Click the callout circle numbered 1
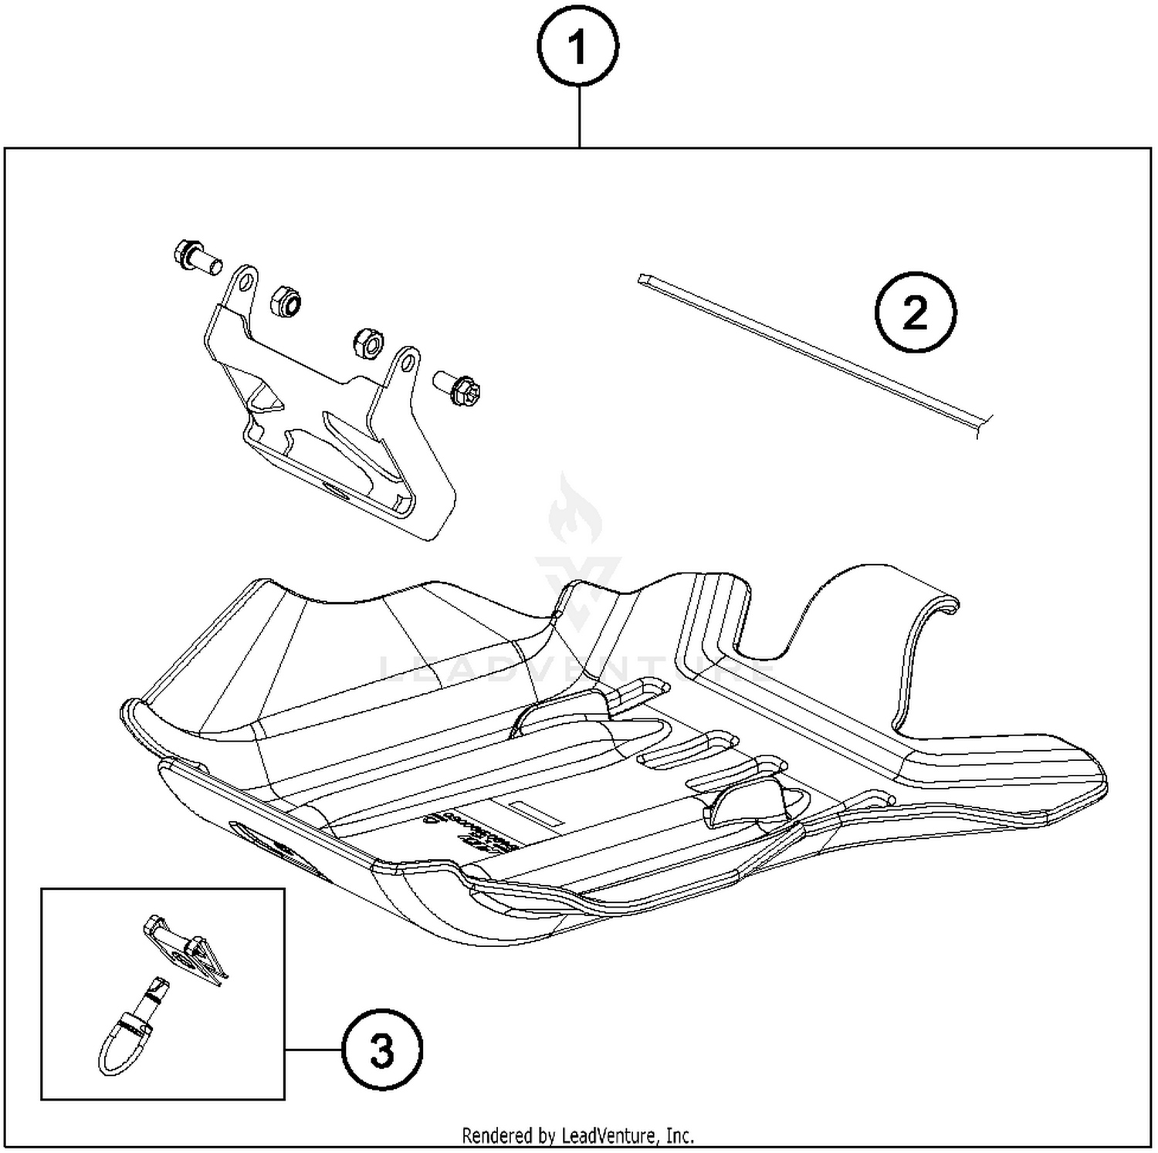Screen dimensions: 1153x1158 click(577, 47)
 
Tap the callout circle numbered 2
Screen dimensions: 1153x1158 click(915, 313)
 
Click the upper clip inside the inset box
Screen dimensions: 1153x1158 click(185, 948)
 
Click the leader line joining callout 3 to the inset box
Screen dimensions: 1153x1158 click(313, 1050)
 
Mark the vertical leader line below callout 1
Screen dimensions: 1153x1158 click(578, 116)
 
